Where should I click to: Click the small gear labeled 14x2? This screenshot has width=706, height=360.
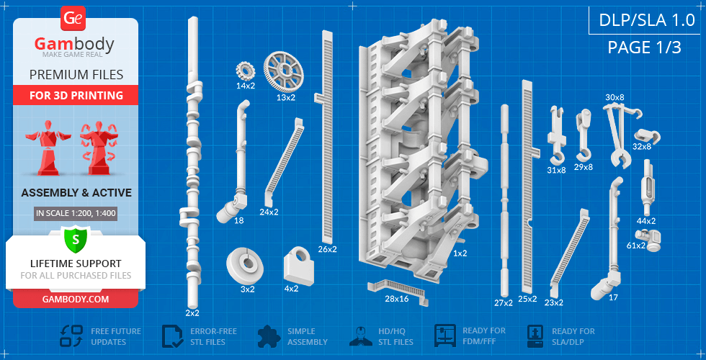(x=246, y=71)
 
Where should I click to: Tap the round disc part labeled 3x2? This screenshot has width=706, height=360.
(x=244, y=265)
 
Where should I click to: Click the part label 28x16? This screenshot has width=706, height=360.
(x=397, y=298)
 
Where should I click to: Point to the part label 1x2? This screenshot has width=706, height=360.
(x=460, y=253)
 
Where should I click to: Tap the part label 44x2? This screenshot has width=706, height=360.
(x=646, y=221)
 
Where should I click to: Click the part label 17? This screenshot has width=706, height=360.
(x=613, y=297)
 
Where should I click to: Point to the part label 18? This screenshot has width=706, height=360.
(x=238, y=220)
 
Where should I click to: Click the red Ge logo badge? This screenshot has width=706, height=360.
(x=72, y=19)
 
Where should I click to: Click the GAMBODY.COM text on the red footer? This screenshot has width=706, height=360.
(x=76, y=299)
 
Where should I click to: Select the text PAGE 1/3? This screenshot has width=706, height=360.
(x=644, y=48)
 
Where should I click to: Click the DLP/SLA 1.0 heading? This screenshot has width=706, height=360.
(x=647, y=20)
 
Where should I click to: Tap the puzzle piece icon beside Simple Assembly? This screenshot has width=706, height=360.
(x=269, y=336)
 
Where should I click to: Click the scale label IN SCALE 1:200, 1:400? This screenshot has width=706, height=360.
(x=76, y=213)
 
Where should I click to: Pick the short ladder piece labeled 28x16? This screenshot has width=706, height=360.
(x=398, y=291)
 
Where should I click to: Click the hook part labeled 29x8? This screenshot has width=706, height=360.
(x=584, y=135)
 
